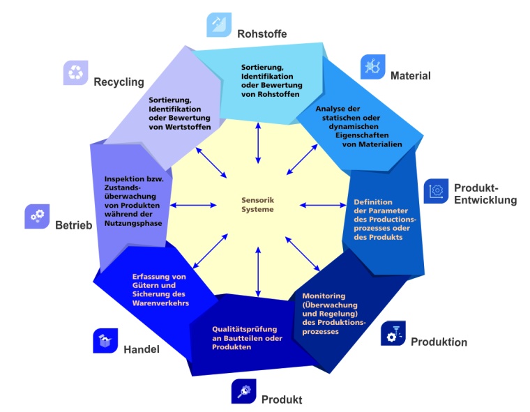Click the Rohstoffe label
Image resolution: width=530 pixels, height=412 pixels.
[262, 33]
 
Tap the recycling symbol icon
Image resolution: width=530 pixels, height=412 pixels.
[75, 72]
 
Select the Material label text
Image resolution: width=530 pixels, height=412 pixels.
[410, 75]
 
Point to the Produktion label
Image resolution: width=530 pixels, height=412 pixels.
[439, 342]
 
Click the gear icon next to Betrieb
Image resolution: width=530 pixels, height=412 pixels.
[36, 217]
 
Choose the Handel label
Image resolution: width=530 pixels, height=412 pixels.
[142, 349]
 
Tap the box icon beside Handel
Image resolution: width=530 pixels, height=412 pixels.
[105, 340]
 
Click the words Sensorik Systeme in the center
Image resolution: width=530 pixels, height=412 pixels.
[259, 205]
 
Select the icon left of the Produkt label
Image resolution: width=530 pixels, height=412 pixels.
[243, 392]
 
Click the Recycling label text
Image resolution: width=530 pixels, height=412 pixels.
[119, 82]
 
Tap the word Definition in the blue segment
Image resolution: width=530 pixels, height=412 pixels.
[373, 202]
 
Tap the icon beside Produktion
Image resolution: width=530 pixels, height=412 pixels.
[394, 334]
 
